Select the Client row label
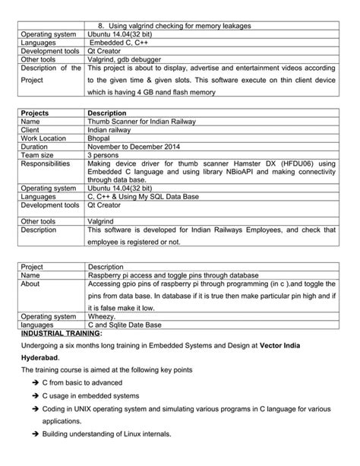tap(33, 129)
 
